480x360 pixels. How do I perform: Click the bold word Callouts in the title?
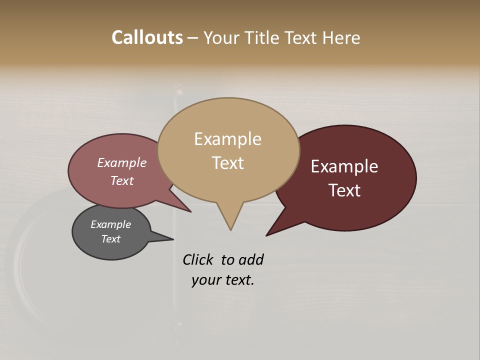click(147, 37)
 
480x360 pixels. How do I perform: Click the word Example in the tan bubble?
click(227, 139)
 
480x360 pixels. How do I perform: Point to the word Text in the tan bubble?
click(227, 163)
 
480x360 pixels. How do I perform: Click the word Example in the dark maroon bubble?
click(344, 166)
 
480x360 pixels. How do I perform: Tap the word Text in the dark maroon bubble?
click(344, 190)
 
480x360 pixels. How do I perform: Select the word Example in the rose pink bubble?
click(121, 163)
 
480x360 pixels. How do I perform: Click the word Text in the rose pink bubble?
click(121, 180)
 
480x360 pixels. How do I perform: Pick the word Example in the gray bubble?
click(110, 224)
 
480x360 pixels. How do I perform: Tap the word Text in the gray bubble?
click(110, 239)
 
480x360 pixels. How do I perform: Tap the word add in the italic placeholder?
click(250, 260)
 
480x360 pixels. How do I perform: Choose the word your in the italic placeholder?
click(205, 280)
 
